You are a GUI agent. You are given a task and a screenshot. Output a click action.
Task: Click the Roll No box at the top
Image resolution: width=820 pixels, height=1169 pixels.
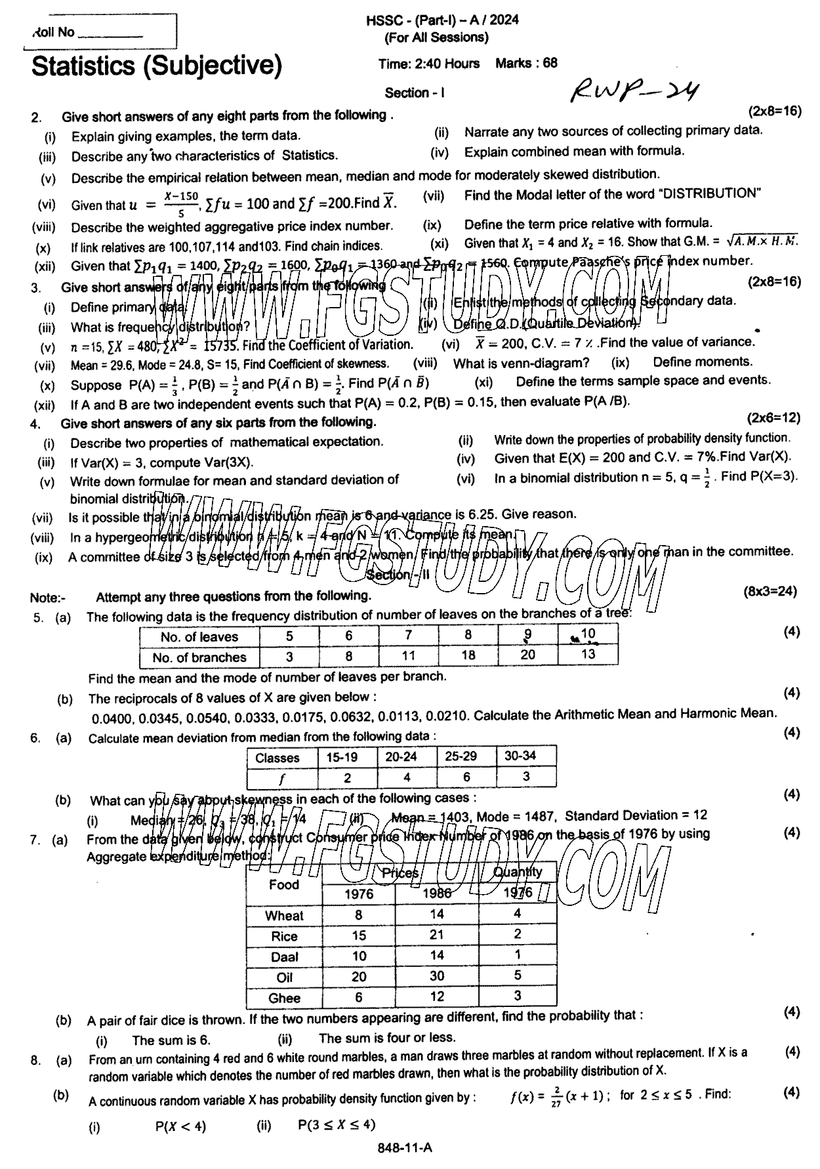pos(100,31)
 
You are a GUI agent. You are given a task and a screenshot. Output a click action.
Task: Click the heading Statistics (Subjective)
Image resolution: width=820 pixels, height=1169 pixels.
pos(157,66)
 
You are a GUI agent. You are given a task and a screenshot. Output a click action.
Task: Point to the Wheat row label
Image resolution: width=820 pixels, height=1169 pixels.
pos(284,916)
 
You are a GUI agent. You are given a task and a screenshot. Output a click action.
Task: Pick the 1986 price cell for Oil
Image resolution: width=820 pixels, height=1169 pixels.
pos(436,976)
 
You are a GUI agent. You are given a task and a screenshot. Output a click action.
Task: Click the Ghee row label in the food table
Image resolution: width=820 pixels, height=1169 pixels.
pos(284,998)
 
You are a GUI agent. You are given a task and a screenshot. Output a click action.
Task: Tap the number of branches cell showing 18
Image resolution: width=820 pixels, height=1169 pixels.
pos(468,655)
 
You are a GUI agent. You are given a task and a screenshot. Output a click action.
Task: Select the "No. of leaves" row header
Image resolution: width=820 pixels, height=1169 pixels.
pos(199,636)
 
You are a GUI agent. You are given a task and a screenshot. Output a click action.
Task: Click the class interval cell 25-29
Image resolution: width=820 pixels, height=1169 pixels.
pos(461,756)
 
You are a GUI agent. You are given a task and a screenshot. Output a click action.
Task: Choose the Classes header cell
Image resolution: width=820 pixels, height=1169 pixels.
pos(277,758)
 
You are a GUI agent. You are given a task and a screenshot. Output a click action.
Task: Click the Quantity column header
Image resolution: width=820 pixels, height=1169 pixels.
pos(518,872)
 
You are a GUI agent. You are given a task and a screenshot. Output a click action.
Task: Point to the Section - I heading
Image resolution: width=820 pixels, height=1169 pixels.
pos(415,93)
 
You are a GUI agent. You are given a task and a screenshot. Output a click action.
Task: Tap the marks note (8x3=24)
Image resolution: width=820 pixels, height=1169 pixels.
pos(770,591)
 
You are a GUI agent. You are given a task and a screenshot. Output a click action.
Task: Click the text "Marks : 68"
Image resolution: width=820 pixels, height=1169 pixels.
pos(526,64)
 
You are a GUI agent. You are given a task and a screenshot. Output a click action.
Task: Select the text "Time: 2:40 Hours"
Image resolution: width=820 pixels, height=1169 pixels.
pos(428,64)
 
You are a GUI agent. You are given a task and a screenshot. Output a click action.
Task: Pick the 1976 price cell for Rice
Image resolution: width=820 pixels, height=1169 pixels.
pos(359,935)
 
